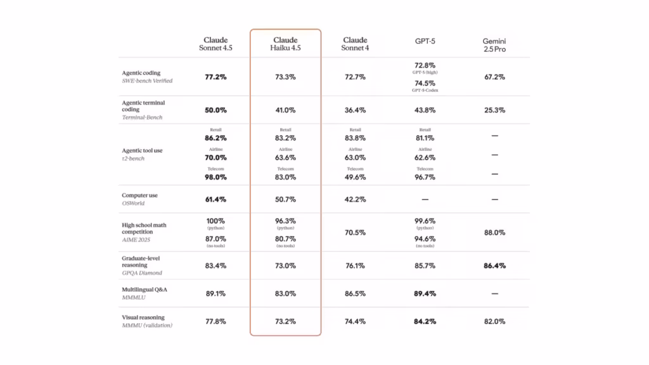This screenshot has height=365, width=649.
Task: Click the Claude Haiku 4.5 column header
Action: tap(285, 44)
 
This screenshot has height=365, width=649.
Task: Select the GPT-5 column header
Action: tap(425, 41)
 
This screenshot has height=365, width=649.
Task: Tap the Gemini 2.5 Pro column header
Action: tap(494, 44)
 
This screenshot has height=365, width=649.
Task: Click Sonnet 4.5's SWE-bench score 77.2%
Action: tap(215, 77)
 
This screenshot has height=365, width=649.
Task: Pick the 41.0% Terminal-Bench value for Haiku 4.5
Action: tap(285, 110)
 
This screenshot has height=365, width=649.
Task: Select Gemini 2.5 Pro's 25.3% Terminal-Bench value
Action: tap(494, 110)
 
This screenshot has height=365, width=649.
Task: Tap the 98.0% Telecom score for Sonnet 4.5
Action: tap(215, 177)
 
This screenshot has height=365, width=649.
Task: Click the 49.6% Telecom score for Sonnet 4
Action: tap(355, 177)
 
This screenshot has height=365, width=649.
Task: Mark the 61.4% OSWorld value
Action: tap(215, 200)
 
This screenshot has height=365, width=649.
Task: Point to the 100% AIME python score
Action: tap(215, 221)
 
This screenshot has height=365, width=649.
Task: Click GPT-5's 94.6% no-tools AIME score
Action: tap(425, 239)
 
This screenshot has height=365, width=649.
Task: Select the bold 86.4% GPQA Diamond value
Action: tap(494, 266)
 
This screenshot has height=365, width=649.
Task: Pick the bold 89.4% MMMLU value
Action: tap(425, 294)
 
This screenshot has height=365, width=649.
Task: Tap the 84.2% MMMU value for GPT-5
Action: tap(425, 321)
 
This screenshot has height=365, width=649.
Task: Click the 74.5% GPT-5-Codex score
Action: tap(425, 82)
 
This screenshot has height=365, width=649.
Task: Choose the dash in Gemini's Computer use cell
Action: tap(494, 200)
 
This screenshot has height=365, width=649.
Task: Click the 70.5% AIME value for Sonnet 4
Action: tap(355, 233)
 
